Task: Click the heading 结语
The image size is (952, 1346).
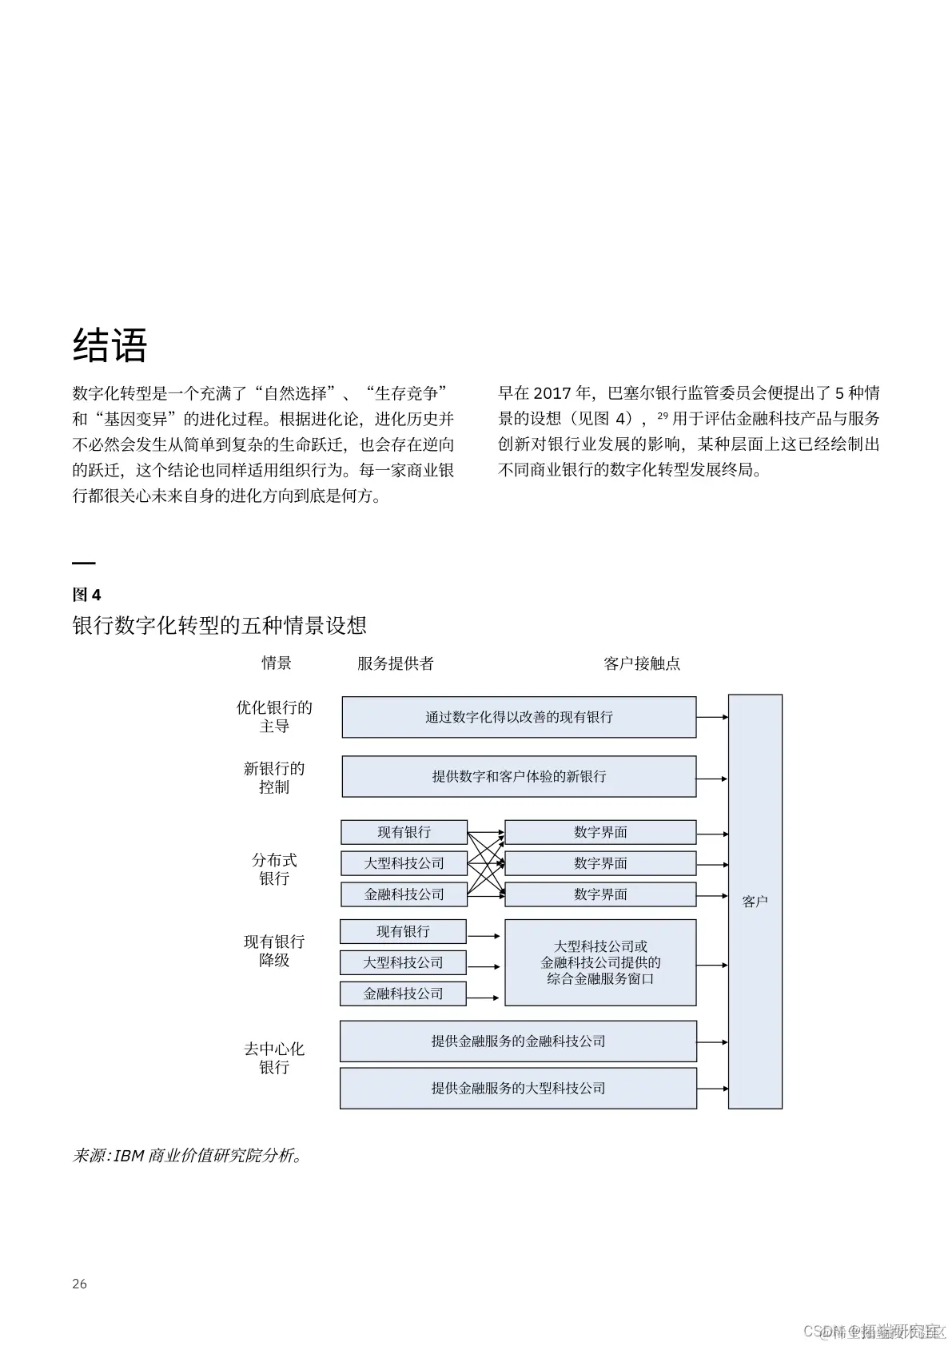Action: tap(110, 346)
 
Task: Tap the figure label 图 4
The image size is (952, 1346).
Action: tap(86, 595)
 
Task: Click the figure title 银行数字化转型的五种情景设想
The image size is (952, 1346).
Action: tap(219, 625)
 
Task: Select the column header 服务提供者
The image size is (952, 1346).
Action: tap(395, 663)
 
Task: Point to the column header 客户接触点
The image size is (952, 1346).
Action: tap(642, 663)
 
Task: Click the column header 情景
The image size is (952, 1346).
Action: tap(277, 663)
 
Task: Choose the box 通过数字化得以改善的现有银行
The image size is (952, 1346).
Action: tap(519, 717)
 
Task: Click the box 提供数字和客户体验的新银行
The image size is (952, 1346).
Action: tap(519, 776)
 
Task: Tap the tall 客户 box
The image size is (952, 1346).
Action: tap(755, 902)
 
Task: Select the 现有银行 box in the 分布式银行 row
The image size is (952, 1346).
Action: tap(404, 832)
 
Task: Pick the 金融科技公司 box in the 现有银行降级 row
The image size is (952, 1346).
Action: tap(403, 994)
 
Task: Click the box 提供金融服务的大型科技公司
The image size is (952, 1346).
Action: tap(518, 1088)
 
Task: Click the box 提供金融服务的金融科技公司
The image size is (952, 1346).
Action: tap(518, 1041)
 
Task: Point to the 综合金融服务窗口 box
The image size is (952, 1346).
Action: tap(600, 962)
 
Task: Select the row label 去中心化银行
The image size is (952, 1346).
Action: tap(274, 1057)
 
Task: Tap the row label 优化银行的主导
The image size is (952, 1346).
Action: tap(274, 716)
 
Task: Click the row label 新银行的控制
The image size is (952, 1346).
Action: tap(274, 777)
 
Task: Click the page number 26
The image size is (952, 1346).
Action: tap(79, 1284)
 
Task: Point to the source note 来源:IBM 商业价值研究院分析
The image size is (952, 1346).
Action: tap(187, 1156)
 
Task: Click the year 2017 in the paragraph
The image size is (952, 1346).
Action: tap(552, 393)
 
